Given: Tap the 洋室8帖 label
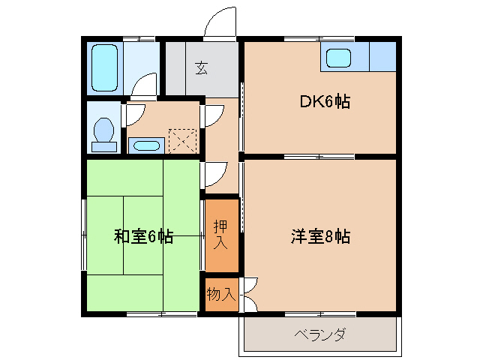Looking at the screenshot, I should (x=320, y=237).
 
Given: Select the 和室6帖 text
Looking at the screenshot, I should (x=143, y=237).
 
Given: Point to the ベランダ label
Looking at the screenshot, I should (x=319, y=334).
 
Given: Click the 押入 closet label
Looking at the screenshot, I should (x=220, y=235).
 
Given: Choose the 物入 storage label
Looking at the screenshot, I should (x=220, y=294).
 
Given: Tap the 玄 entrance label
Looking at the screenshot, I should (x=202, y=68).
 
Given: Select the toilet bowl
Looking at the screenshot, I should (x=103, y=132).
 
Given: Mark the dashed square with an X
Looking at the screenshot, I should (x=182, y=141).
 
